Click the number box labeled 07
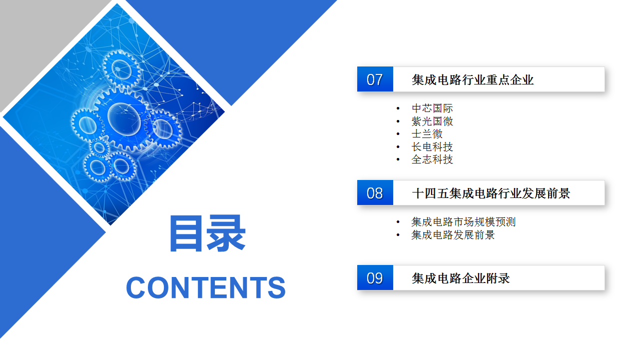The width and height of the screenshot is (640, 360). click(x=375, y=79)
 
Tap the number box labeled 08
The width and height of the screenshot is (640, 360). click(x=375, y=192)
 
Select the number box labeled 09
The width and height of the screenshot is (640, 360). click(x=375, y=277)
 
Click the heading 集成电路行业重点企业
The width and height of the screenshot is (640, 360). click(x=473, y=79)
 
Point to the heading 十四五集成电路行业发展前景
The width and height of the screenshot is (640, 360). click(x=491, y=193)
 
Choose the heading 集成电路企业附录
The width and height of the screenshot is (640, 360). click(x=461, y=278)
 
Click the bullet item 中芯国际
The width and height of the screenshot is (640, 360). click(x=432, y=108)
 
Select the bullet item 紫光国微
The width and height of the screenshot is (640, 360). click(x=432, y=121)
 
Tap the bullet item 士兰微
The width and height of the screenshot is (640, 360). click(x=427, y=134)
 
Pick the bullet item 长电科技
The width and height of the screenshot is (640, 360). click(x=432, y=147)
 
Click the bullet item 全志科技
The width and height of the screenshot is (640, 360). click(x=432, y=159)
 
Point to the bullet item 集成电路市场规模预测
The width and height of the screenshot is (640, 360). click(x=464, y=222)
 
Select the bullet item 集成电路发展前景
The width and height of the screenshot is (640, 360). click(x=453, y=235)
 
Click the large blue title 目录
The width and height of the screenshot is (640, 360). click(x=208, y=233)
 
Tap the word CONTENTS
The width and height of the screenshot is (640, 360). click(x=206, y=287)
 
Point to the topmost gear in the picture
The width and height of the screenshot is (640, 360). click(x=122, y=69)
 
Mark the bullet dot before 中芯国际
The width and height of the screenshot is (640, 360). click(x=398, y=108)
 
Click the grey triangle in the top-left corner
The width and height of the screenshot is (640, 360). click(x=34, y=37)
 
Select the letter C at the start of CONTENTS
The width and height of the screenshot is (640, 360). click(x=136, y=287)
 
